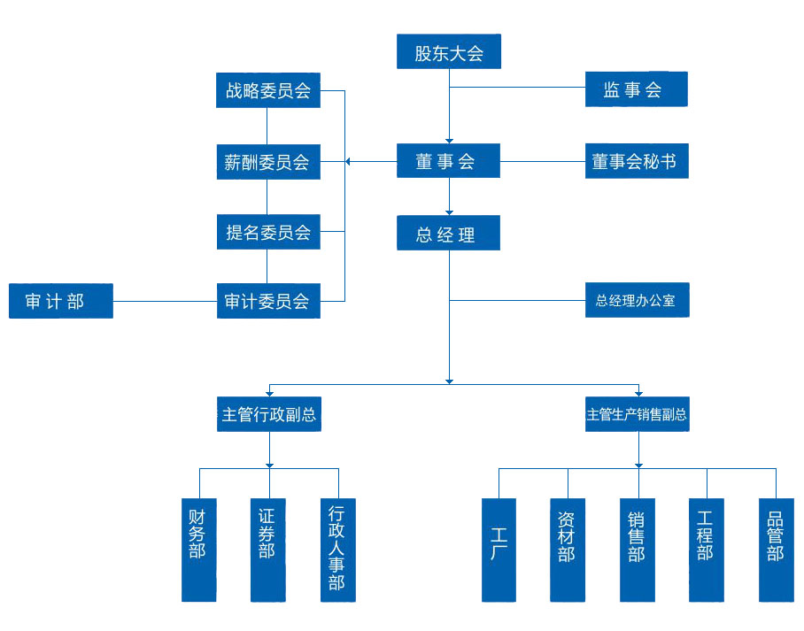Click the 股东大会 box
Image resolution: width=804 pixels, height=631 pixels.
tap(449, 51)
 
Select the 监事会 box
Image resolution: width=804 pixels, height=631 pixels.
tap(636, 89)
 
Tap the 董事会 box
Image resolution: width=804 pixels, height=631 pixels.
tap(449, 161)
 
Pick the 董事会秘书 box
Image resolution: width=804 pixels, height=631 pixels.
tap(636, 161)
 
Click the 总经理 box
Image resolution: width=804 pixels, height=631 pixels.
tap(449, 234)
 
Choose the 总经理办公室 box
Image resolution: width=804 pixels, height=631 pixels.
tap(636, 300)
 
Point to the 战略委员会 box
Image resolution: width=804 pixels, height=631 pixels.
tap(268, 90)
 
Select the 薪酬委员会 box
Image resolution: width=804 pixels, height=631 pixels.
tap(268, 162)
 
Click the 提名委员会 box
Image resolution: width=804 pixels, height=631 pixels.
tap(268, 233)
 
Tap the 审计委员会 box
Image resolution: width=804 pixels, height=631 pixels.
tap(268, 301)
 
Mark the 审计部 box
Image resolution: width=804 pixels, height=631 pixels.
tap(60, 301)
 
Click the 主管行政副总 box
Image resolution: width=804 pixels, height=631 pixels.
tap(268, 414)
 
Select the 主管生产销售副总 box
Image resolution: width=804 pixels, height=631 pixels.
tap(637, 414)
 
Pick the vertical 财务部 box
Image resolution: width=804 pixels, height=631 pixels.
tap(198, 550)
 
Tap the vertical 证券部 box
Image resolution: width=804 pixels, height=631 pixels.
tap(267, 550)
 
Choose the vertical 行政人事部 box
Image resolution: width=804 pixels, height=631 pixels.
tap(337, 550)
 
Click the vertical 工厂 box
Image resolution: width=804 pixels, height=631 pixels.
tap(499, 550)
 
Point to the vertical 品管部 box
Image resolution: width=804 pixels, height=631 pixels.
tap(776, 550)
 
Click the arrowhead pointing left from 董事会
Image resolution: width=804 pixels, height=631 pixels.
tap(349, 162)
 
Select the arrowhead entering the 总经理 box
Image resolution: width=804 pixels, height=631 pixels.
tap(449, 212)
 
